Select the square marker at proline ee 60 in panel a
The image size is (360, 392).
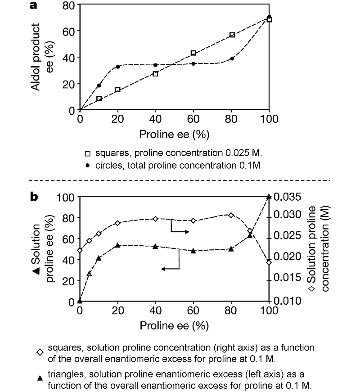point(193,53)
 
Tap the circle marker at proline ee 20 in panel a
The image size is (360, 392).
point(118,67)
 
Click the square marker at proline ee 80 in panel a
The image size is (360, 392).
point(232,35)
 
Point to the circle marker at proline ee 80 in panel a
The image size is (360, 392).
point(232,59)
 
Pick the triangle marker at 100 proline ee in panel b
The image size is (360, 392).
point(269,196)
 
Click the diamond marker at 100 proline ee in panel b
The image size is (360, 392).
point(269,262)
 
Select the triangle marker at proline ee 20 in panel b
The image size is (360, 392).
point(118,245)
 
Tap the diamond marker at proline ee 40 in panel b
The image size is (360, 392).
point(156,219)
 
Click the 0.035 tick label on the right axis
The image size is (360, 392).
point(287,197)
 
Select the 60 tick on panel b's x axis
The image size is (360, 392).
point(193,311)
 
